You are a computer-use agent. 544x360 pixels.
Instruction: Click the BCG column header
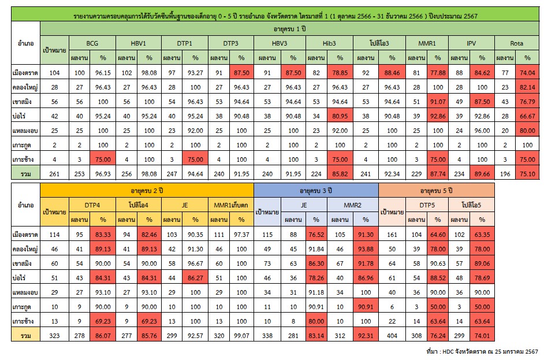tap(92, 43)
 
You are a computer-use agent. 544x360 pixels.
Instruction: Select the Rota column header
tap(516, 43)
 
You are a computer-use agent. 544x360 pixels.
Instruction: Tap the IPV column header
tap(471, 43)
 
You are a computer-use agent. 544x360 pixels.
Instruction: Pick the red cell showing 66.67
tap(527, 132)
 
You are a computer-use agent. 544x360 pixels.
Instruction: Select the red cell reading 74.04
tap(527, 73)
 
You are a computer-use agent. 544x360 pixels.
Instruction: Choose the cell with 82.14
tap(527, 88)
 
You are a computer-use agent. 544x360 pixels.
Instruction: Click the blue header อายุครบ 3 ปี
tap(316, 189)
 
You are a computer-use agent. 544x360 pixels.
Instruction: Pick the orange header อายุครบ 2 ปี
tap(147, 189)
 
